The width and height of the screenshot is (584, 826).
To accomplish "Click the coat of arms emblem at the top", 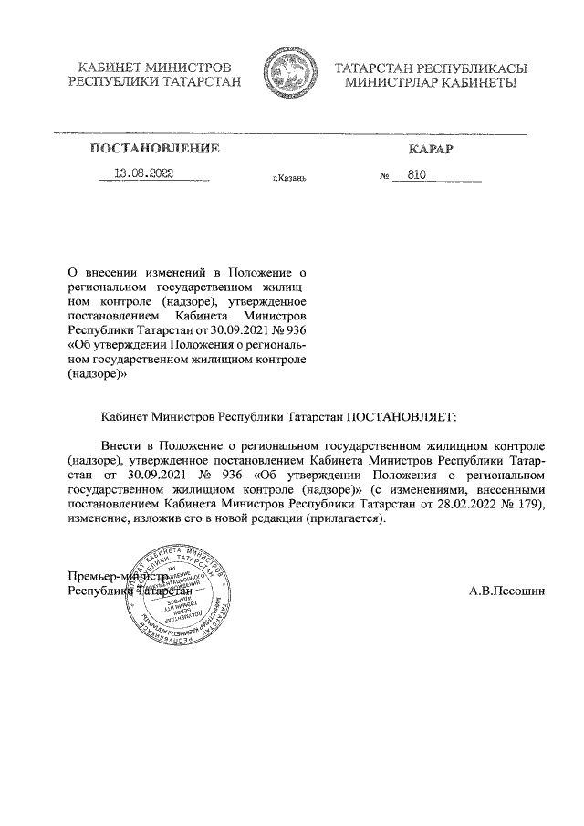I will point(289,75).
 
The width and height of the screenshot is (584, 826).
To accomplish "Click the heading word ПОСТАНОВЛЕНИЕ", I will point(154,148).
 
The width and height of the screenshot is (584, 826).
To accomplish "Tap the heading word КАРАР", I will point(432,148).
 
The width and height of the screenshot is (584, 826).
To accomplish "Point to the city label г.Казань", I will point(289,177).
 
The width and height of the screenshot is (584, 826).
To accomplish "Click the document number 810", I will point(418,173).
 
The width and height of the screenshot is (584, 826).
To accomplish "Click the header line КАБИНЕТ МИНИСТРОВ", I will point(154,68).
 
